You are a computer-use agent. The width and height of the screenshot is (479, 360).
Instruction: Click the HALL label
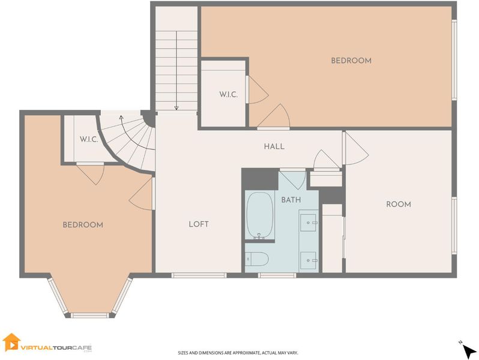click(x=274, y=146)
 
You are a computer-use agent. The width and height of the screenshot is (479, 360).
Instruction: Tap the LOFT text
click(x=199, y=224)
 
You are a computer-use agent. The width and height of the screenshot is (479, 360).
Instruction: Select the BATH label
click(x=291, y=200)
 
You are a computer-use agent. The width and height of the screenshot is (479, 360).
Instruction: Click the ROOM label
click(x=399, y=204)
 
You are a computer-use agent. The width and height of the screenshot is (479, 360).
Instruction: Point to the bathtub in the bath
click(x=260, y=215)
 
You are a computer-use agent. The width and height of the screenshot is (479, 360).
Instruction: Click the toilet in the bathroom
click(x=257, y=259)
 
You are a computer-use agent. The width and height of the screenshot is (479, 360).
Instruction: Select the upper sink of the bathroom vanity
click(x=309, y=223)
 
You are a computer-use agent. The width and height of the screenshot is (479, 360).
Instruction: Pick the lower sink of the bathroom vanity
click(x=309, y=260)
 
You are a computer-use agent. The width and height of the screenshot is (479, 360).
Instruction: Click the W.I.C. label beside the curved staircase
click(x=89, y=140)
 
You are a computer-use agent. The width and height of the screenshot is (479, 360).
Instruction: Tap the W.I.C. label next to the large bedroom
click(x=228, y=94)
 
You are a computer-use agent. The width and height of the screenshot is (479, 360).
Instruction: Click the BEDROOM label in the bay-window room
click(x=83, y=225)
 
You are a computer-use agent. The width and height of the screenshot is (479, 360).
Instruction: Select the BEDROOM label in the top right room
click(x=351, y=61)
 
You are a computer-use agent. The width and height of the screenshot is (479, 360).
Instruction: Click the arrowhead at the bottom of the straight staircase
click(x=176, y=108)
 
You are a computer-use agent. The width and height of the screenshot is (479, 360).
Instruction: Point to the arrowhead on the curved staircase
click(x=121, y=118)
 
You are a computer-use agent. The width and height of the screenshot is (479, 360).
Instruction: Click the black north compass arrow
click(x=468, y=352)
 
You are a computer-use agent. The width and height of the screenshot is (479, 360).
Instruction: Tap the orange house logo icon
click(x=11, y=341)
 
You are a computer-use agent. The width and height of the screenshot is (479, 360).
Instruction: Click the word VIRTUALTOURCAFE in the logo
click(x=56, y=347)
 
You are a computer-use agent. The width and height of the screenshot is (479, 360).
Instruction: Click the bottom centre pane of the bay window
click(x=89, y=315)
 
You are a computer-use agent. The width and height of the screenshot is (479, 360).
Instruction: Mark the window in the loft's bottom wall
click(x=199, y=275)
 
